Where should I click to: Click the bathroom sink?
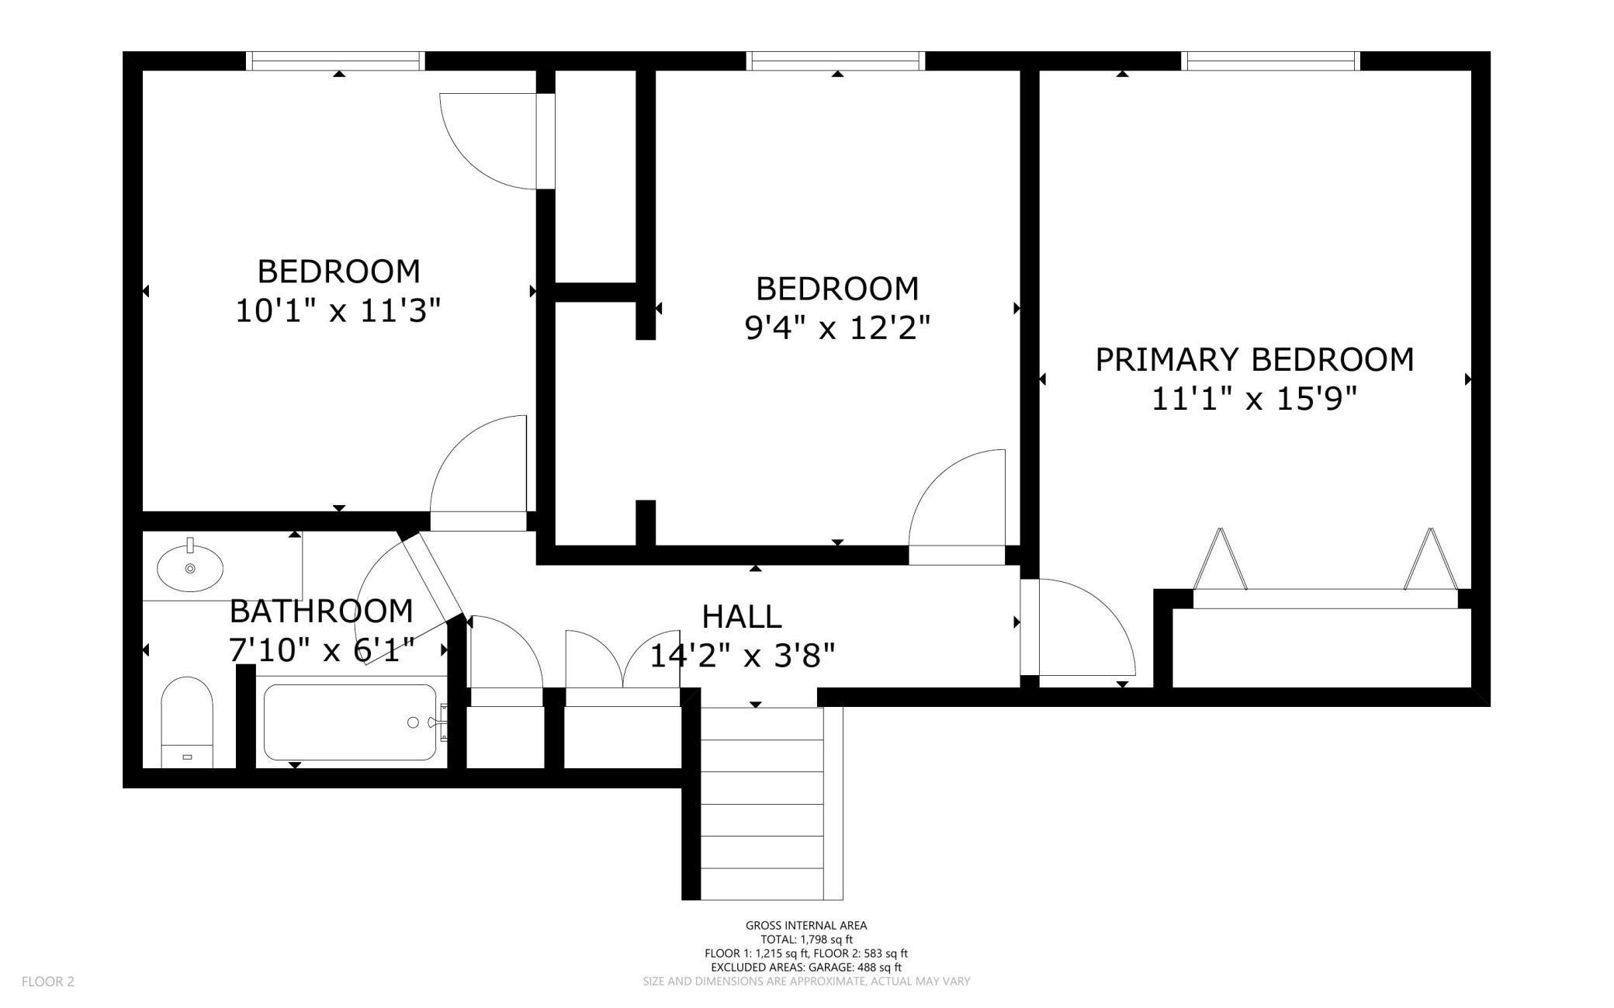[190, 567]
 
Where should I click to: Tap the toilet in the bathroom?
[186, 722]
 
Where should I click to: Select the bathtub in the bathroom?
[350, 722]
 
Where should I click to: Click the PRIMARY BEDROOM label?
[1254, 360]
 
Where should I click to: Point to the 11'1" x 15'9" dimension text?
[1254, 400]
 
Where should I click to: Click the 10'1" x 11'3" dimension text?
[338, 312]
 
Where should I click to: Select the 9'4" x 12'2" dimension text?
[837, 329]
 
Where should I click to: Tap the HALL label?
[742, 617]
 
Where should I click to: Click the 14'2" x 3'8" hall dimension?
[742, 656]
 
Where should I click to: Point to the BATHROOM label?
[321, 611]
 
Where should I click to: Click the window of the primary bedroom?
[1270, 61]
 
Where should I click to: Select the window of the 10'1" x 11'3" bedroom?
[335, 61]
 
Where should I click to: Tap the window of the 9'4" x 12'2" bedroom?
[836, 61]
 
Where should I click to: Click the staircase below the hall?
[762, 803]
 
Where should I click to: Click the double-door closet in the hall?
[623, 668]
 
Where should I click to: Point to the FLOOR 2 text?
[48, 982]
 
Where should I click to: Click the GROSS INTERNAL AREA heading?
[806, 925]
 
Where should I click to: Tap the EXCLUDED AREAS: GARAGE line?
[806, 968]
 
